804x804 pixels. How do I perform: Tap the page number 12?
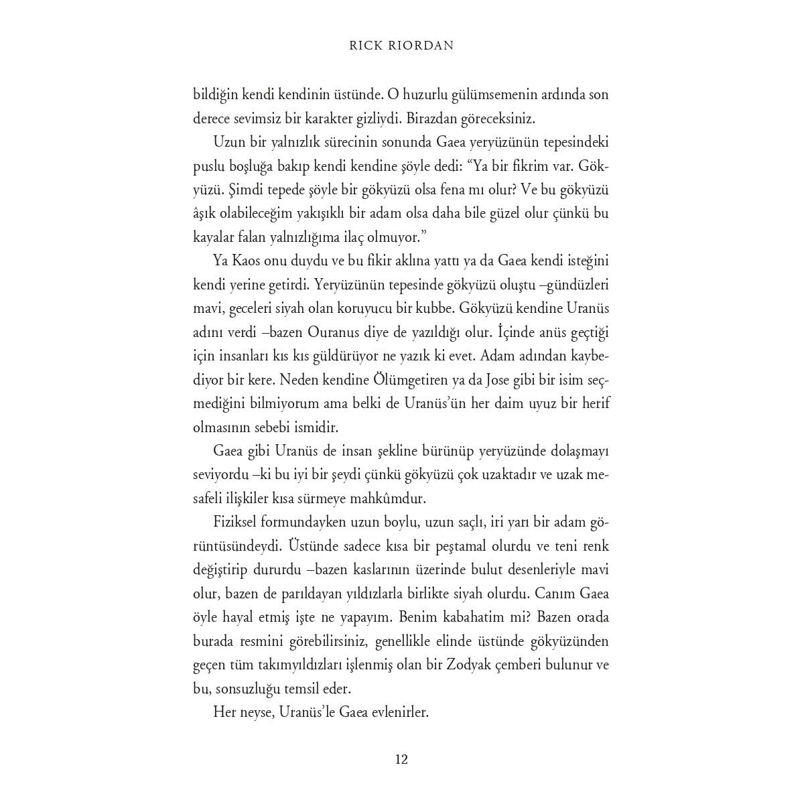(x=401, y=759)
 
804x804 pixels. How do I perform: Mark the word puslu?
(x=208, y=165)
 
